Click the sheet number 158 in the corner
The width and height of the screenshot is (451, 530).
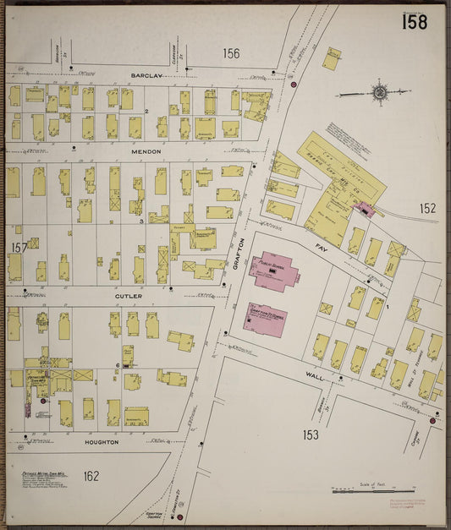[x=414, y=23]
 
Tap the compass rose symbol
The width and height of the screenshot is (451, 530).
[x=379, y=91]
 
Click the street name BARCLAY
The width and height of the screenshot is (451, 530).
[x=146, y=75]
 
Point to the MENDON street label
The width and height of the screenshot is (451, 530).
[x=146, y=152]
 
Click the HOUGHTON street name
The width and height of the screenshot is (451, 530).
[x=102, y=442]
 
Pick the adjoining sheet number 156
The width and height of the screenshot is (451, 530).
[x=231, y=53]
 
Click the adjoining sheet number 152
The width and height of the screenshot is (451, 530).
[x=427, y=208]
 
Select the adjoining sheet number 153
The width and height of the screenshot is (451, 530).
[x=311, y=434]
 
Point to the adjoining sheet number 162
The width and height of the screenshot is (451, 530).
[x=91, y=476]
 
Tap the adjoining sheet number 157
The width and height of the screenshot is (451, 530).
[x=17, y=248]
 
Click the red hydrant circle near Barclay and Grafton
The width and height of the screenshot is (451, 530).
[x=293, y=85]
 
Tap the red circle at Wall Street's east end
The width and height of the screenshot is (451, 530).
[x=432, y=420]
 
